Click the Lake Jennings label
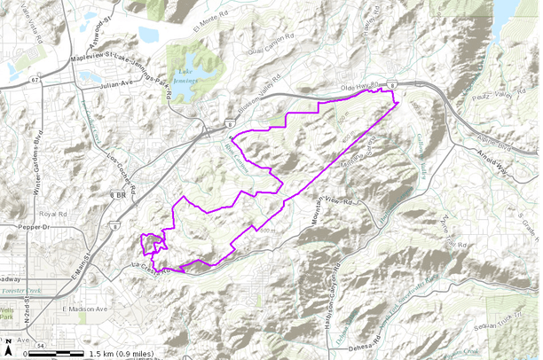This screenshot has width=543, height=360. pyautogui.click(x=185, y=77)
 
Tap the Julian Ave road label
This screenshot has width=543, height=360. pyautogui.click(x=114, y=85)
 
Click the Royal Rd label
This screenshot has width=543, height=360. pyautogui.click(x=54, y=214)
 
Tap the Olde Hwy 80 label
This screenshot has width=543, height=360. pyautogui.click(x=360, y=89)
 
